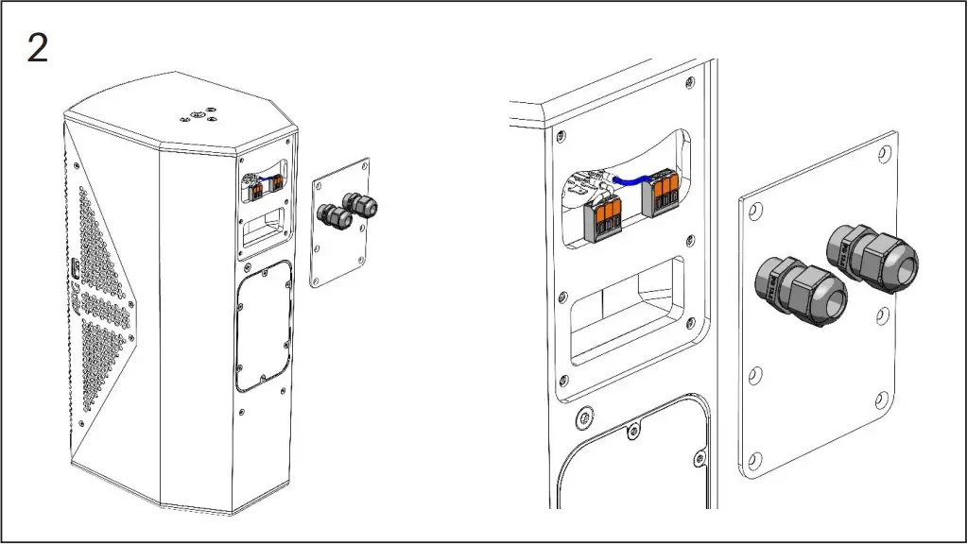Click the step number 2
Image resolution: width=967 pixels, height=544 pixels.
(x=37, y=47)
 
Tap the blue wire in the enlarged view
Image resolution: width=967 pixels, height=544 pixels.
(x=628, y=178)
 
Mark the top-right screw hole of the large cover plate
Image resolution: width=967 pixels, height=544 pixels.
(x=884, y=151)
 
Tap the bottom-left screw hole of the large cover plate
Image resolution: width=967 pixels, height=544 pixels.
(x=753, y=461)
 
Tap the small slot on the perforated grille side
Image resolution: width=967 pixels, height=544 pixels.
(x=74, y=270)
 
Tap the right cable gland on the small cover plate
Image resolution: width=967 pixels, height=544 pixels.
(x=358, y=203)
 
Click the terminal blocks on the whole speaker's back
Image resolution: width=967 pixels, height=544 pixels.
(x=265, y=188)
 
